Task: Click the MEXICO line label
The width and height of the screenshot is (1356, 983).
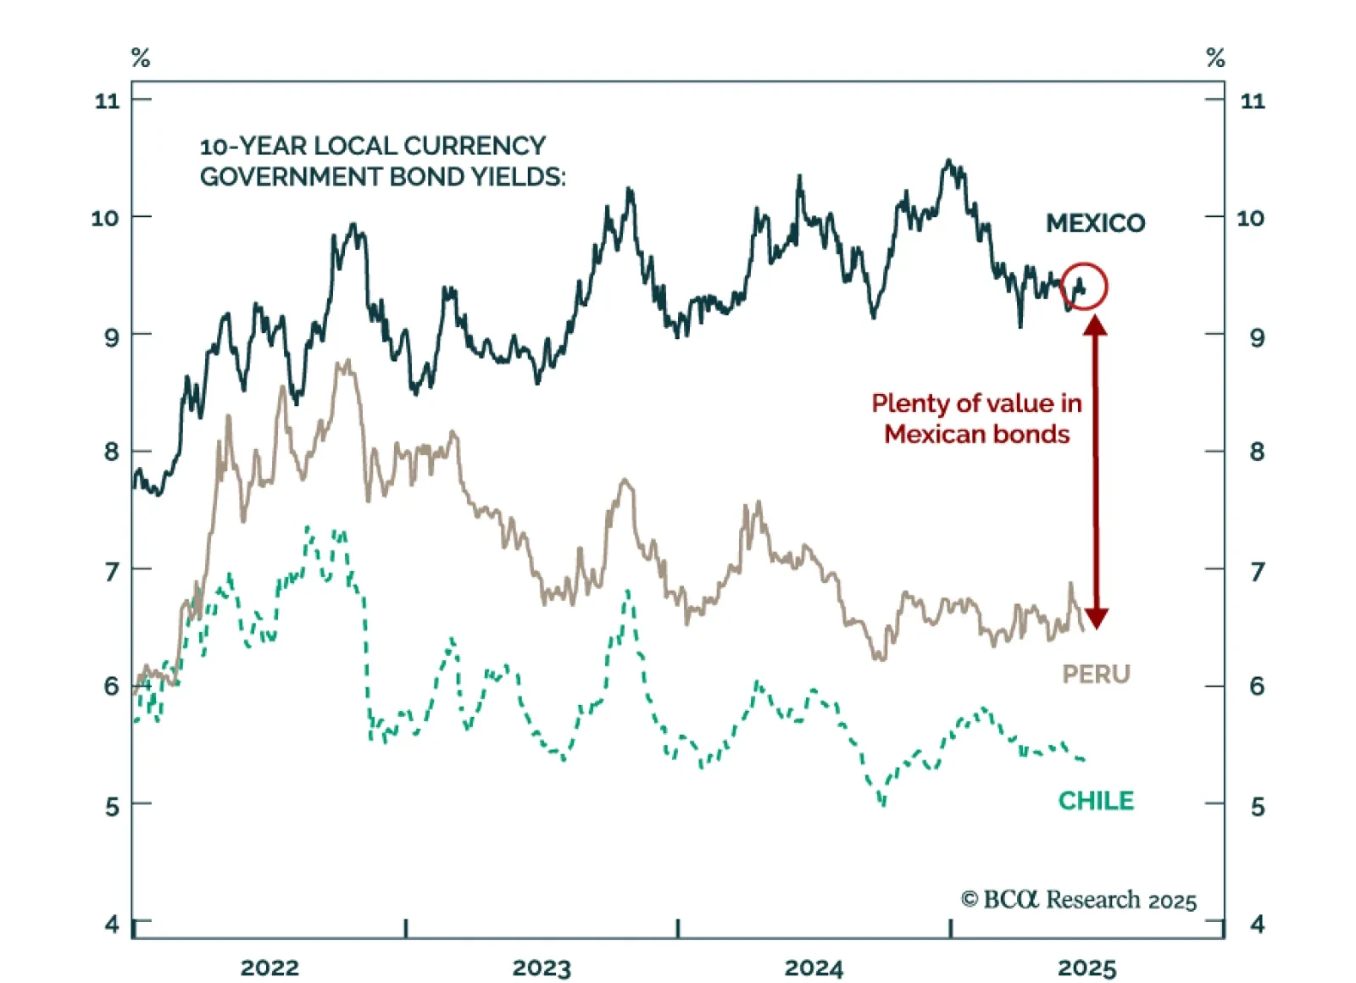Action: tap(1095, 223)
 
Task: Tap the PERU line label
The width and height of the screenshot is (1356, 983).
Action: tap(1096, 674)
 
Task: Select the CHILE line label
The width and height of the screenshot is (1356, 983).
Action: tap(1096, 800)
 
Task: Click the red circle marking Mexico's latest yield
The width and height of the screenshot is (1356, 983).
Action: tap(1083, 286)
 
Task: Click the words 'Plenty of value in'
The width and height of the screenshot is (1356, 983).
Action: tap(976, 403)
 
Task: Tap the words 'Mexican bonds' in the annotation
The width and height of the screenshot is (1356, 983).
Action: tap(976, 434)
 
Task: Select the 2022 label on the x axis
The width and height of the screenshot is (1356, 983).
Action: tap(270, 967)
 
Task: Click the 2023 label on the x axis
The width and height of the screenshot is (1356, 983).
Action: tap(542, 967)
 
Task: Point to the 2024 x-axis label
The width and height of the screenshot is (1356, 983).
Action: tap(814, 967)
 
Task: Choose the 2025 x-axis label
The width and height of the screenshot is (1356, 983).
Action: tap(1086, 967)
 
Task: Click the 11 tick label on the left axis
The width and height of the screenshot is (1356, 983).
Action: tap(108, 101)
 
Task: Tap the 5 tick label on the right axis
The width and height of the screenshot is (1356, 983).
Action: tap(1257, 806)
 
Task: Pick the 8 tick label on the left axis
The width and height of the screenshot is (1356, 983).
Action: tap(111, 452)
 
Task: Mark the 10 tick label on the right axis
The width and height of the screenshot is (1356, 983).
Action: tap(1250, 218)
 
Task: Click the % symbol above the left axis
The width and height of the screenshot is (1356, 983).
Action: tap(141, 58)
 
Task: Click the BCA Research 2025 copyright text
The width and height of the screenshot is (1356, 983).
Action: tap(1078, 899)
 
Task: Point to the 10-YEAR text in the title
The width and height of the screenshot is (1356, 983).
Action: tap(253, 146)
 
